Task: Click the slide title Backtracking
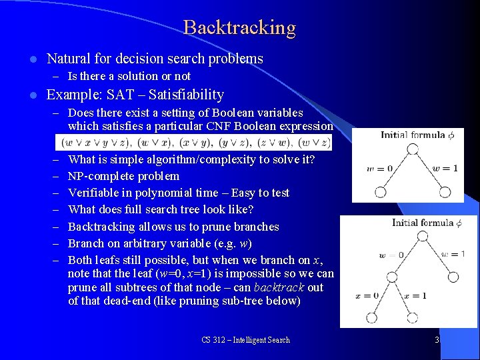(239, 27)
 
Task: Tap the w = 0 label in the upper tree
(379, 168)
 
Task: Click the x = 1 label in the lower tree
(414, 295)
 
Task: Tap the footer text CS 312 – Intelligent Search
(246, 340)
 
